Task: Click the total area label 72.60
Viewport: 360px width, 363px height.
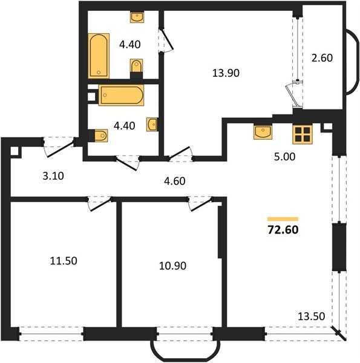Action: click(x=283, y=230)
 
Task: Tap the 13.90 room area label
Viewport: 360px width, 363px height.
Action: click(x=226, y=73)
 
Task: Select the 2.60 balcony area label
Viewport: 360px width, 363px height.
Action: click(x=322, y=58)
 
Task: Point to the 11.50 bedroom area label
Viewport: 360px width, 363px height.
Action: click(x=64, y=261)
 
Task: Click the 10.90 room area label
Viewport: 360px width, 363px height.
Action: click(x=172, y=266)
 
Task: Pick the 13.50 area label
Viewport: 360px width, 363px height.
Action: click(x=311, y=316)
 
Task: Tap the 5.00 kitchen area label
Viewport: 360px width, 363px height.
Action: click(x=284, y=157)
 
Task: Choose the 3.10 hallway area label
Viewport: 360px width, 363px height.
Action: click(x=53, y=176)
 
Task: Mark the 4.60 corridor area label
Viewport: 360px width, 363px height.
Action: click(x=175, y=181)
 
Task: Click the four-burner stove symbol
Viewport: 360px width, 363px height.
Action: click(x=303, y=134)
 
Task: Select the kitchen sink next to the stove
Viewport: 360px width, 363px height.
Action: click(x=263, y=132)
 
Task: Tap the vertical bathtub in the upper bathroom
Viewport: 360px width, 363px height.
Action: click(x=99, y=56)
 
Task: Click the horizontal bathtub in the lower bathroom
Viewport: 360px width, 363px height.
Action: click(x=121, y=95)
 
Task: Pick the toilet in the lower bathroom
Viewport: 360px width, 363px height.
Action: click(x=98, y=136)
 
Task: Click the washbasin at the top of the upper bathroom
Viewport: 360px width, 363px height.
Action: click(x=137, y=17)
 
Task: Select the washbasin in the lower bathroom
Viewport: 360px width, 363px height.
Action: click(x=152, y=125)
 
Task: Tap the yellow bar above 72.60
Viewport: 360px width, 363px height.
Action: click(x=283, y=219)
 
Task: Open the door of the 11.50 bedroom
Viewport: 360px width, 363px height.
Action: click(x=100, y=204)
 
